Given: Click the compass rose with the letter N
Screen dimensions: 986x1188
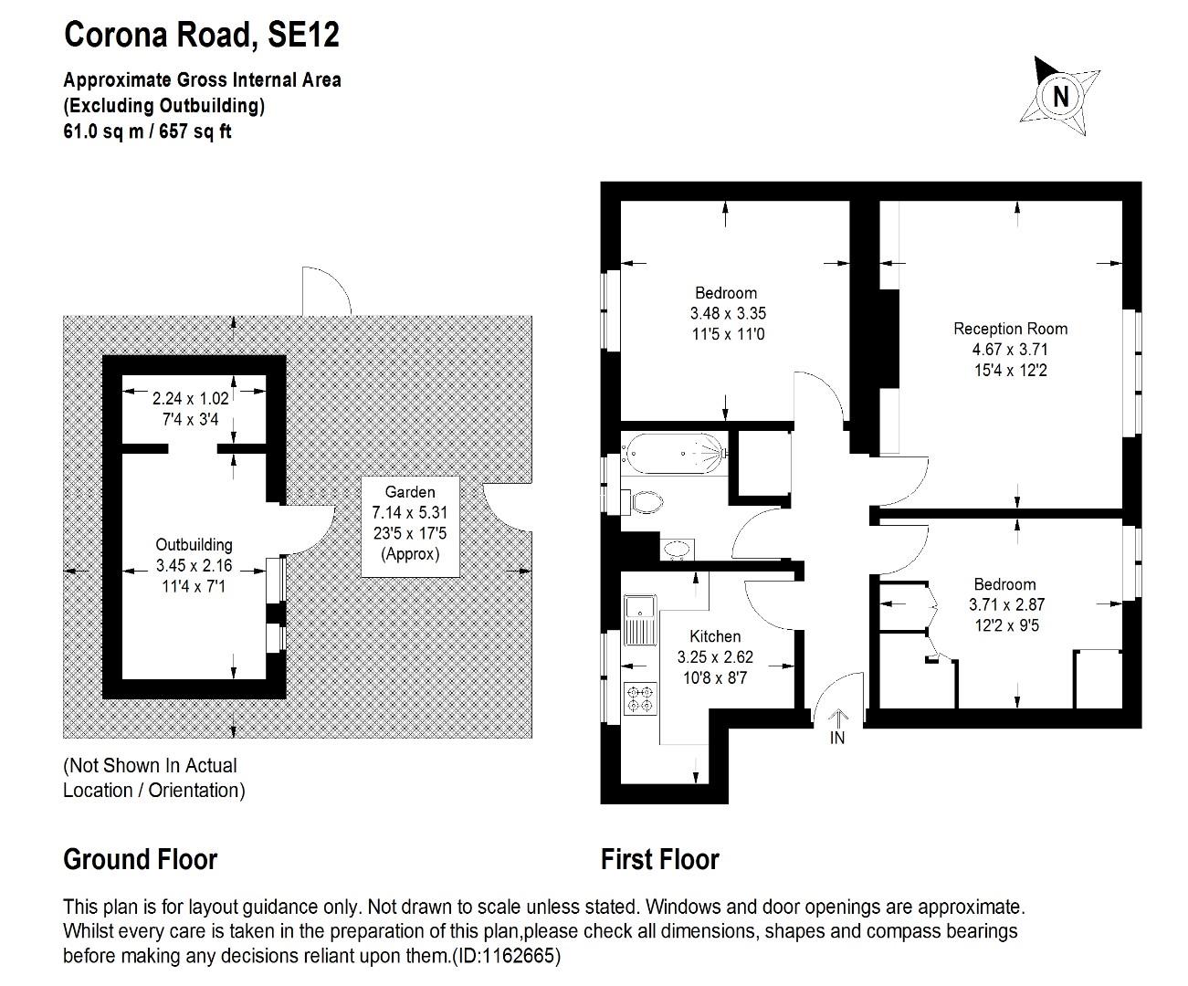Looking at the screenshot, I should tap(1059, 96).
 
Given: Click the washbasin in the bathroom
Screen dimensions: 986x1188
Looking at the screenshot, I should tap(677, 549).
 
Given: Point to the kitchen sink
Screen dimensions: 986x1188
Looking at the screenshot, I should tap(639, 618).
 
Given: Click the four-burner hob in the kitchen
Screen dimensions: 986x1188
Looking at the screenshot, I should tap(639, 699).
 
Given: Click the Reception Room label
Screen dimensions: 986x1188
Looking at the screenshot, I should tap(1010, 329).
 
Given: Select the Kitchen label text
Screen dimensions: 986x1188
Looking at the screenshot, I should tap(715, 636).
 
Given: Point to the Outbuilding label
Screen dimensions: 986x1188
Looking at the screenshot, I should tap(194, 545).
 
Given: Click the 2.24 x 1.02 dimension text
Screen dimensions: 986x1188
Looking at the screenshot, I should tap(191, 398).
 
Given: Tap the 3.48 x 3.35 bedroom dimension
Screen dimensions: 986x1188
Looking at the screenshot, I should tap(728, 313).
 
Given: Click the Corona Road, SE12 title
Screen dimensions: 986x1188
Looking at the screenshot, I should tap(202, 35).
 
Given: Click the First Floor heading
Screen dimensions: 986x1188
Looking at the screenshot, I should tap(659, 859).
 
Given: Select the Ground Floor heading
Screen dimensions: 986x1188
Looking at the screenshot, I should tap(140, 859).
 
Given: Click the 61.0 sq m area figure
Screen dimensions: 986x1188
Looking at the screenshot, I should tap(101, 131).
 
